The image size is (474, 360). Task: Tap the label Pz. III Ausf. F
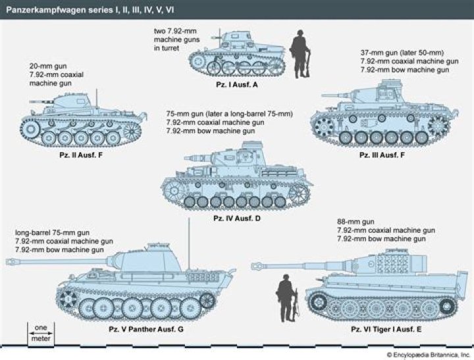[x=382, y=155]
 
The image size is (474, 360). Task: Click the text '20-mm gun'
[x=45, y=66]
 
